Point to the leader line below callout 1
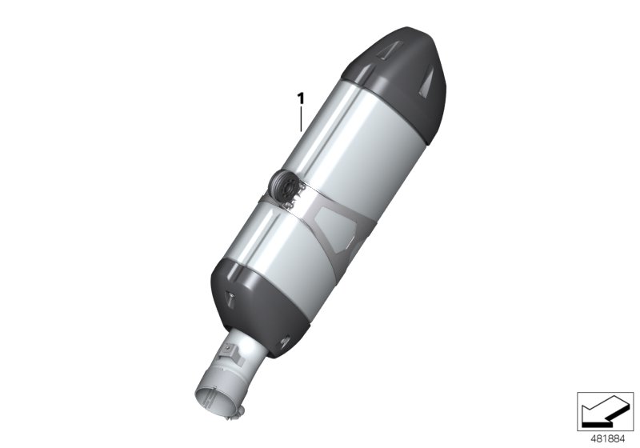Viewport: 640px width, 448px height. point(301,119)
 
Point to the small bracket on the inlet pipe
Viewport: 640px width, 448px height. point(231,352)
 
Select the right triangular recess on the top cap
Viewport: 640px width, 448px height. point(432,89)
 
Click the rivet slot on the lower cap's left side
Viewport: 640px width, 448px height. point(229,299)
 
